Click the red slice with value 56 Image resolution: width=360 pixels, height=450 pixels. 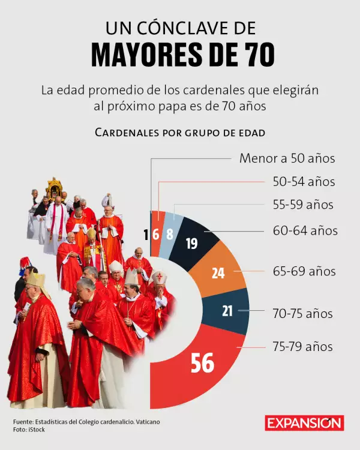point(202,362)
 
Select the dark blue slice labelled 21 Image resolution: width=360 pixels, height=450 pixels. point(227,311)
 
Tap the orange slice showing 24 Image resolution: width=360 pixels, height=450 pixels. point(218,273)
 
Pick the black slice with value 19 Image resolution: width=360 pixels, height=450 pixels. point(193,243)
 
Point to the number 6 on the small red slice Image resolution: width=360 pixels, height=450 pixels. point(156,234)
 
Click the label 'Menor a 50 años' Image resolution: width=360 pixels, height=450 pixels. point(287,158)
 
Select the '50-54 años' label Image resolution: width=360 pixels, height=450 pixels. point(304,181)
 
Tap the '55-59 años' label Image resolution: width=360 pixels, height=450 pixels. point(302,205)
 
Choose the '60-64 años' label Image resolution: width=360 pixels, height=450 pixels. point(305,230)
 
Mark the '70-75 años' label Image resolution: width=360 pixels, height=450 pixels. point(302,313)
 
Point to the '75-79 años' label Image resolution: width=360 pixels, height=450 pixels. point(302,347)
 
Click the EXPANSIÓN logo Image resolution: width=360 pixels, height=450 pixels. point(304,423)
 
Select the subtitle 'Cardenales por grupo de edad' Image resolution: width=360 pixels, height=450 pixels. point(180,132)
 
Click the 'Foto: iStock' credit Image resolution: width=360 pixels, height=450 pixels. point(29,430)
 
